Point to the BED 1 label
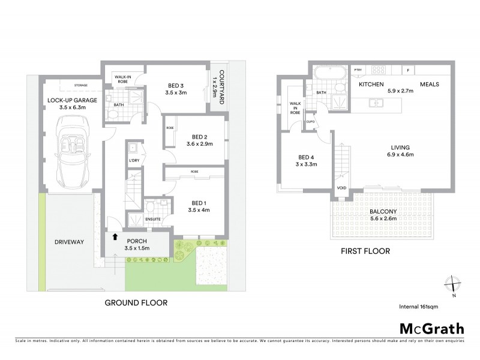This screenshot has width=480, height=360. point(197,203)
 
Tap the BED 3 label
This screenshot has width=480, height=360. point(176,85)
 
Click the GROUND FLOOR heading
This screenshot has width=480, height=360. point(136,302)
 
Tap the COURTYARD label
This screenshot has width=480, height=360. point(221,82)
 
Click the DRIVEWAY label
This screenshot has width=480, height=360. point(68,242)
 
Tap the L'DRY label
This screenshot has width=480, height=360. point(133,161)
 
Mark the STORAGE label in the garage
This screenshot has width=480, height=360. point(81,85)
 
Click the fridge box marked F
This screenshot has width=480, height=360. point(408,70)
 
